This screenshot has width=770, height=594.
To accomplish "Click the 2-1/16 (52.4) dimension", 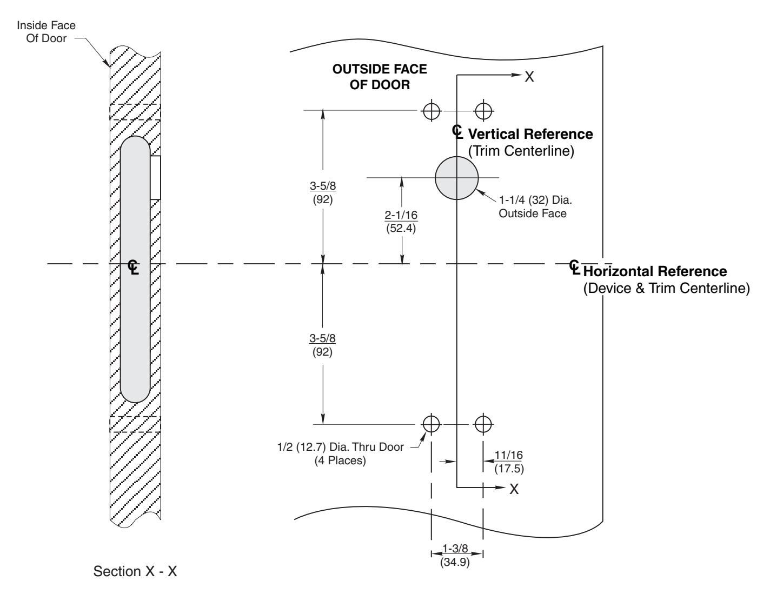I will (401, 221).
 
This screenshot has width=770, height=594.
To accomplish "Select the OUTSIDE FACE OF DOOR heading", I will (380, 77).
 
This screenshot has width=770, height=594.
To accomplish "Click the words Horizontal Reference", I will (655, 271).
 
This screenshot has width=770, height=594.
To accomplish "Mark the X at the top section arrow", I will (529, 77).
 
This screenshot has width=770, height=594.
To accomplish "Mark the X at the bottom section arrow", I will (514, 489).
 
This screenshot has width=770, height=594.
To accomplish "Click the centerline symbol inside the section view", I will (134, 267).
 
